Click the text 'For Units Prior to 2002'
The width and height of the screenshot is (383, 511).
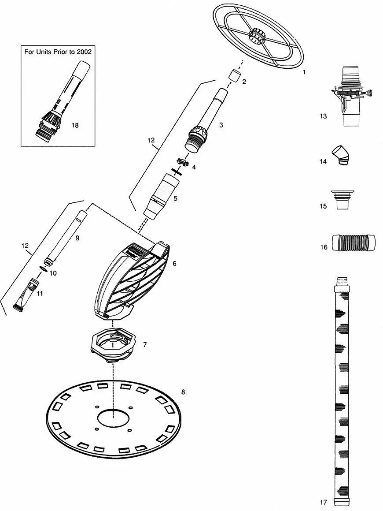tap(58, 52)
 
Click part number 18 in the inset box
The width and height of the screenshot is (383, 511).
tap(75, 125)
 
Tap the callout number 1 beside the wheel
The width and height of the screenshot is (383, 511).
tap(304, 72)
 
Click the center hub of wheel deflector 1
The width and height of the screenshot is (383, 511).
tap(256, 36)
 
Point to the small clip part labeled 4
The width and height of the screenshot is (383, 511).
tap(183, 162)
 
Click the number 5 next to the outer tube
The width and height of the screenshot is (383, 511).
tap(175, 198)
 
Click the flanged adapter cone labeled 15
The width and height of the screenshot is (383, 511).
tap(342, 199)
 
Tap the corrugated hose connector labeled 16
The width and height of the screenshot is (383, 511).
tap(354, 243)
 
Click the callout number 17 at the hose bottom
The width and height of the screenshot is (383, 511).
tap(323, 502)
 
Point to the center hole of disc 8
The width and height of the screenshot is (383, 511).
tap(113, 418)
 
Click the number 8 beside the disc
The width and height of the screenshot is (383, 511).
tap(183, 392)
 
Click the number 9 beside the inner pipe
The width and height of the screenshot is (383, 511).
tap(77, 238)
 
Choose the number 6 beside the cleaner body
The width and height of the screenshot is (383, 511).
tap(174, 263)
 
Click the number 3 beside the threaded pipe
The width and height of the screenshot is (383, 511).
tap(221, 125)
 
